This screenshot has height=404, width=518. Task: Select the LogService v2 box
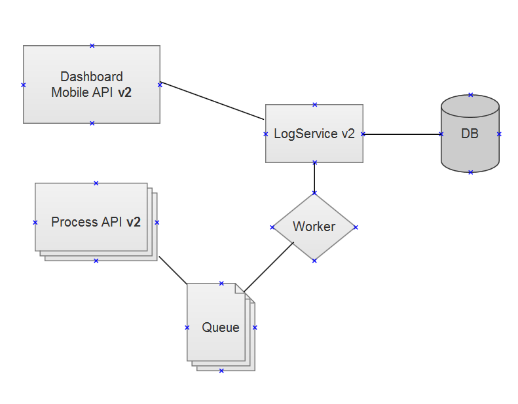coord(314,147)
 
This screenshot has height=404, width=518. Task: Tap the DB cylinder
coord(470,151)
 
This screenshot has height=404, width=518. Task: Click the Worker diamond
coord(314,242)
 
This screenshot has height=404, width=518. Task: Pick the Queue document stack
coord(216,344)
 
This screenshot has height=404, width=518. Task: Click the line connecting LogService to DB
coord(401,134)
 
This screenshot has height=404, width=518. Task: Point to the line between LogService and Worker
coord(314,177)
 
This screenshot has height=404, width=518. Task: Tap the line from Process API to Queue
coord(174,270)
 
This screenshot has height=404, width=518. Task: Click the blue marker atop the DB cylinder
coord(470,95)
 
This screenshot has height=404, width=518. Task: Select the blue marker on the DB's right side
coord(499,134)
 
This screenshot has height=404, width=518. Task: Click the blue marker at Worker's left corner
coord(272,227)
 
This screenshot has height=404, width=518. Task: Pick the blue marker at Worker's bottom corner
coord(314,261)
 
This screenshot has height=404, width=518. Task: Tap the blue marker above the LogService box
coord(314,104)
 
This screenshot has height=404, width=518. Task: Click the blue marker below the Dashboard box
coord(92,123)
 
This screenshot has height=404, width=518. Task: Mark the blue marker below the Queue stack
coord(221,371)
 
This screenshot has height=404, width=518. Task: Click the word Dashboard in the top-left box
coord(92,77)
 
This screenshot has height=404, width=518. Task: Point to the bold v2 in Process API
coord(134,223)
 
